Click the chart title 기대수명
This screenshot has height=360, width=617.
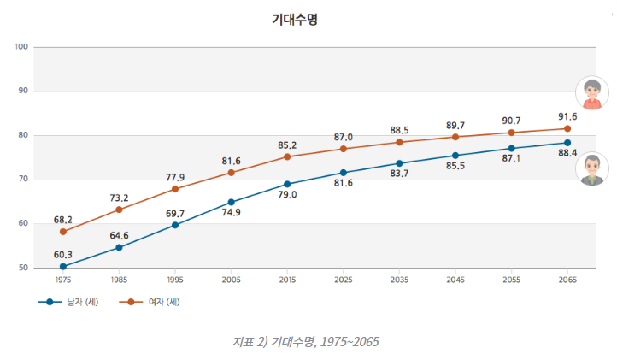(x=294, y=19)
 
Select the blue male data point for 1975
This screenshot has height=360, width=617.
(x=63, y=267)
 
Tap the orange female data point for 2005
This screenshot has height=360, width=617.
(x=232, y=173)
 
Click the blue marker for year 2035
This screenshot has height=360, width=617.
(x=399, y=163)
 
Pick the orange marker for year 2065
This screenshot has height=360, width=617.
(x=567, y=129)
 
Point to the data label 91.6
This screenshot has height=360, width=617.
(x=567, y=116)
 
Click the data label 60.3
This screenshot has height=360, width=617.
(x=63, y=254)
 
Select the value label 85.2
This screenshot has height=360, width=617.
(x=287, y=145)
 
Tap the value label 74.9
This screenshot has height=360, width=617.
(x=232, y=214)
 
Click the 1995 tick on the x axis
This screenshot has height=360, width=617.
(x=175, y=280)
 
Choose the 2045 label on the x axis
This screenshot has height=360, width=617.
(x=455, y=280)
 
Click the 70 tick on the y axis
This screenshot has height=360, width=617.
(x=23, y=180)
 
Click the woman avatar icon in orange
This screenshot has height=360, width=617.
(x=591, y=93)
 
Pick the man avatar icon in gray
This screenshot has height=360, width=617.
(x=591, y=168)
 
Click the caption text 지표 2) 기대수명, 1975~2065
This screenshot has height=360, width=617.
(x=305, y=341)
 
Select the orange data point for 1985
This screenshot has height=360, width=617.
(x=120, y=210)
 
